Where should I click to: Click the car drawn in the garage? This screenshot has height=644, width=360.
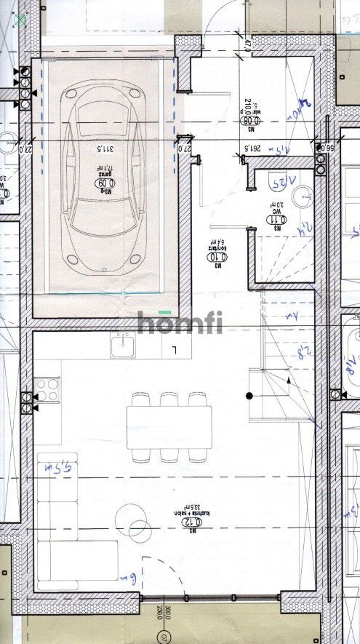103,175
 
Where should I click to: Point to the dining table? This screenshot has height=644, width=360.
169,426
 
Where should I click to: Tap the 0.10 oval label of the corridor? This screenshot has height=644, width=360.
215,257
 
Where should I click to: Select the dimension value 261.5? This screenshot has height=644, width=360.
252,148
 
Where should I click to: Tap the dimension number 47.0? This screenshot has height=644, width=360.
247,45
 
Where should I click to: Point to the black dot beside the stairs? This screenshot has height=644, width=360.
249,396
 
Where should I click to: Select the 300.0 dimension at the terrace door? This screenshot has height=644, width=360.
167,613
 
